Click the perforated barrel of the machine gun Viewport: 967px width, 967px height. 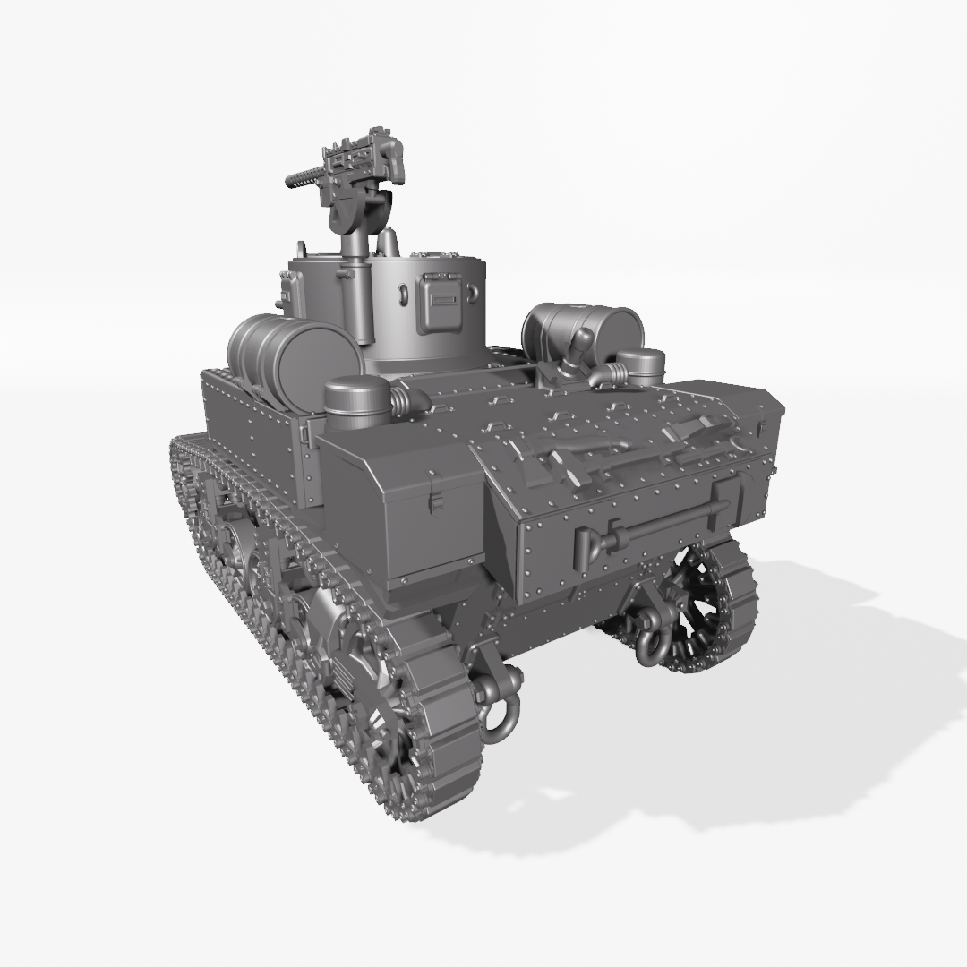coord(304,177)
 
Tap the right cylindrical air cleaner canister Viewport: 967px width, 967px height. coord(641,366)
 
